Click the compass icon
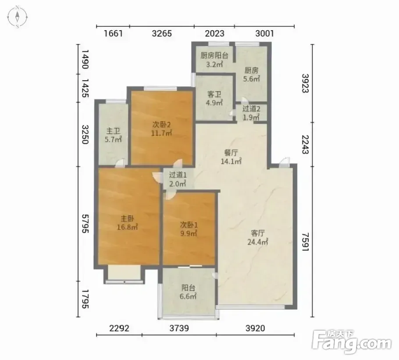tap(17, 17)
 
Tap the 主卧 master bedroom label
tap(127, 218)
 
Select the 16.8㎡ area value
tap(127, 227)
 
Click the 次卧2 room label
tap(161, 125)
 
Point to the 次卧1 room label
tap(189, 225)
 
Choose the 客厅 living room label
tap(258, 233)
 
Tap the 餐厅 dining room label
tap(231, 153)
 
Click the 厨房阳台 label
tap(214, 56)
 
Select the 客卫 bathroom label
tap(214, 94)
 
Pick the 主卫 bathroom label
tap(113, 131)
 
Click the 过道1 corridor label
tap(178, 175)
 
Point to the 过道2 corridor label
tap(251, 109)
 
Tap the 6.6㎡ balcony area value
tap(188, 296)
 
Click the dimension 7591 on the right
tap(305, 242)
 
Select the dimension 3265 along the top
tap(162, 34)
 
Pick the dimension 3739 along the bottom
tap(179, 328)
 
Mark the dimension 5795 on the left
tap(85, 224)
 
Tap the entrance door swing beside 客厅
tap(284, 162)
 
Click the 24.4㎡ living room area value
tap(258, 242)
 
